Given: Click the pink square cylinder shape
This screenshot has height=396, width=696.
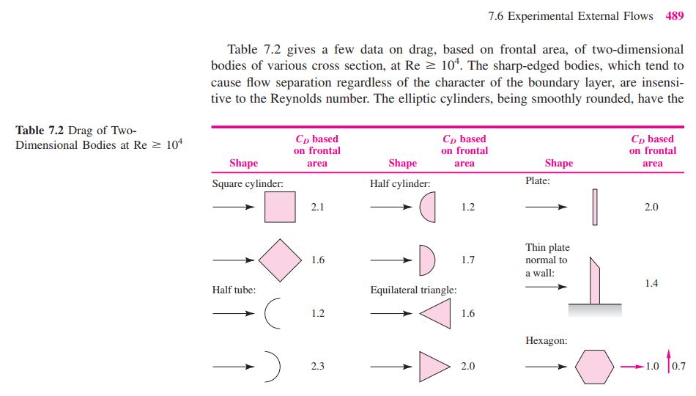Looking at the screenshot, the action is (280, 207).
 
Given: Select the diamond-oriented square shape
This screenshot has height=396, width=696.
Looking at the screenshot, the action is (280, 260).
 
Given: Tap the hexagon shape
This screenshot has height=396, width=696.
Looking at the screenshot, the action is (594, 367).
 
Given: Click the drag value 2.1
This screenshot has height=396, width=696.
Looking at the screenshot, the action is (317, 207).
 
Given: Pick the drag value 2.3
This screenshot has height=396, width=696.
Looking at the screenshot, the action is (317, 366).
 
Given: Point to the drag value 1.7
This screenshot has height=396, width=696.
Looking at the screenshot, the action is (468, 260).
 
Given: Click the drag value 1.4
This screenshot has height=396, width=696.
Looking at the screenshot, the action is (651, 283).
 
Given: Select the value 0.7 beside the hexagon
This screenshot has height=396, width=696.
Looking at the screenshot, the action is (678, 366).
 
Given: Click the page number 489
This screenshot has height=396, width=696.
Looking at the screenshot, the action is (674, 16).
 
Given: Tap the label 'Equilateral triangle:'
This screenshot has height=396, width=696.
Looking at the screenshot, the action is (413, 290).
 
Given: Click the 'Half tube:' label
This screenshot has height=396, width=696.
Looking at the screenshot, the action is (234, 290).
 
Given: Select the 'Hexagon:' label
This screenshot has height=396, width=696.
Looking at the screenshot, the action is (547, 341).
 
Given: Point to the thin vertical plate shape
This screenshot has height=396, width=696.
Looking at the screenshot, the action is (595, 207).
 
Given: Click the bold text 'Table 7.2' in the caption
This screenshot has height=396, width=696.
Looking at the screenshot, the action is (40, 131).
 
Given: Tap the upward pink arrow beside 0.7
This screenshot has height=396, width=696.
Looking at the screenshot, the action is (668, 361).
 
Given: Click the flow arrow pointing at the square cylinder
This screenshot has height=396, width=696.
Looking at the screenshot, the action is (234, 207).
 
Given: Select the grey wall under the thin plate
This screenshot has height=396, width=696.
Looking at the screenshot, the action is (595, 310).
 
